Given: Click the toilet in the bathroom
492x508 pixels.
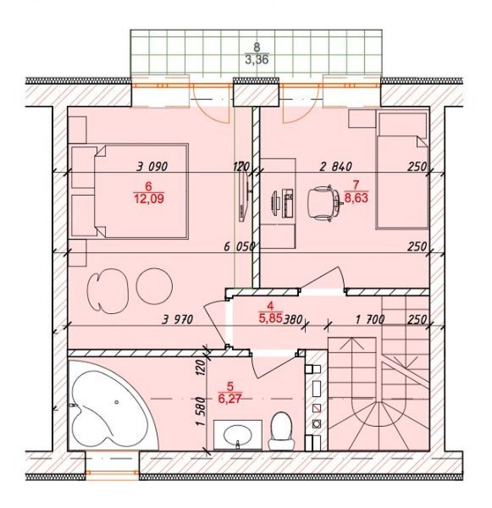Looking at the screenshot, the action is click(x=281, y=431).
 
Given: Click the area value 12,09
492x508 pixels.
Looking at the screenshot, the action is click(x=149, y=198).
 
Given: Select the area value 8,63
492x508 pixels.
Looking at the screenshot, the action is click(x=356, y=197).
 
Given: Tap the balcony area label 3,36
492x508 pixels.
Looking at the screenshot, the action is click(x=257, y=60).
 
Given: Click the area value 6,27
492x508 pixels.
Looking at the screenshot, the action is click(x=230, y=398).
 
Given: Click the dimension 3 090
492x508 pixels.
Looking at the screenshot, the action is click(x=152, y=166).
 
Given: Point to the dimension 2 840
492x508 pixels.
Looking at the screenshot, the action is click(x=335, y=166).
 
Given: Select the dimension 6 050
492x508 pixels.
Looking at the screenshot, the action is click(x=239, y=247).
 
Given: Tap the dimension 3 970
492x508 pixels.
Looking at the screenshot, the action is click(x=178, y=320).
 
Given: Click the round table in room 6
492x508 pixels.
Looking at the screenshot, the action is click(x=154, y=286).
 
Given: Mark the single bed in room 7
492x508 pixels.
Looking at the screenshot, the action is click(x=402, y=170).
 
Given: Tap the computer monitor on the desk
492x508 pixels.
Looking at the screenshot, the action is click(x=274, y=203).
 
